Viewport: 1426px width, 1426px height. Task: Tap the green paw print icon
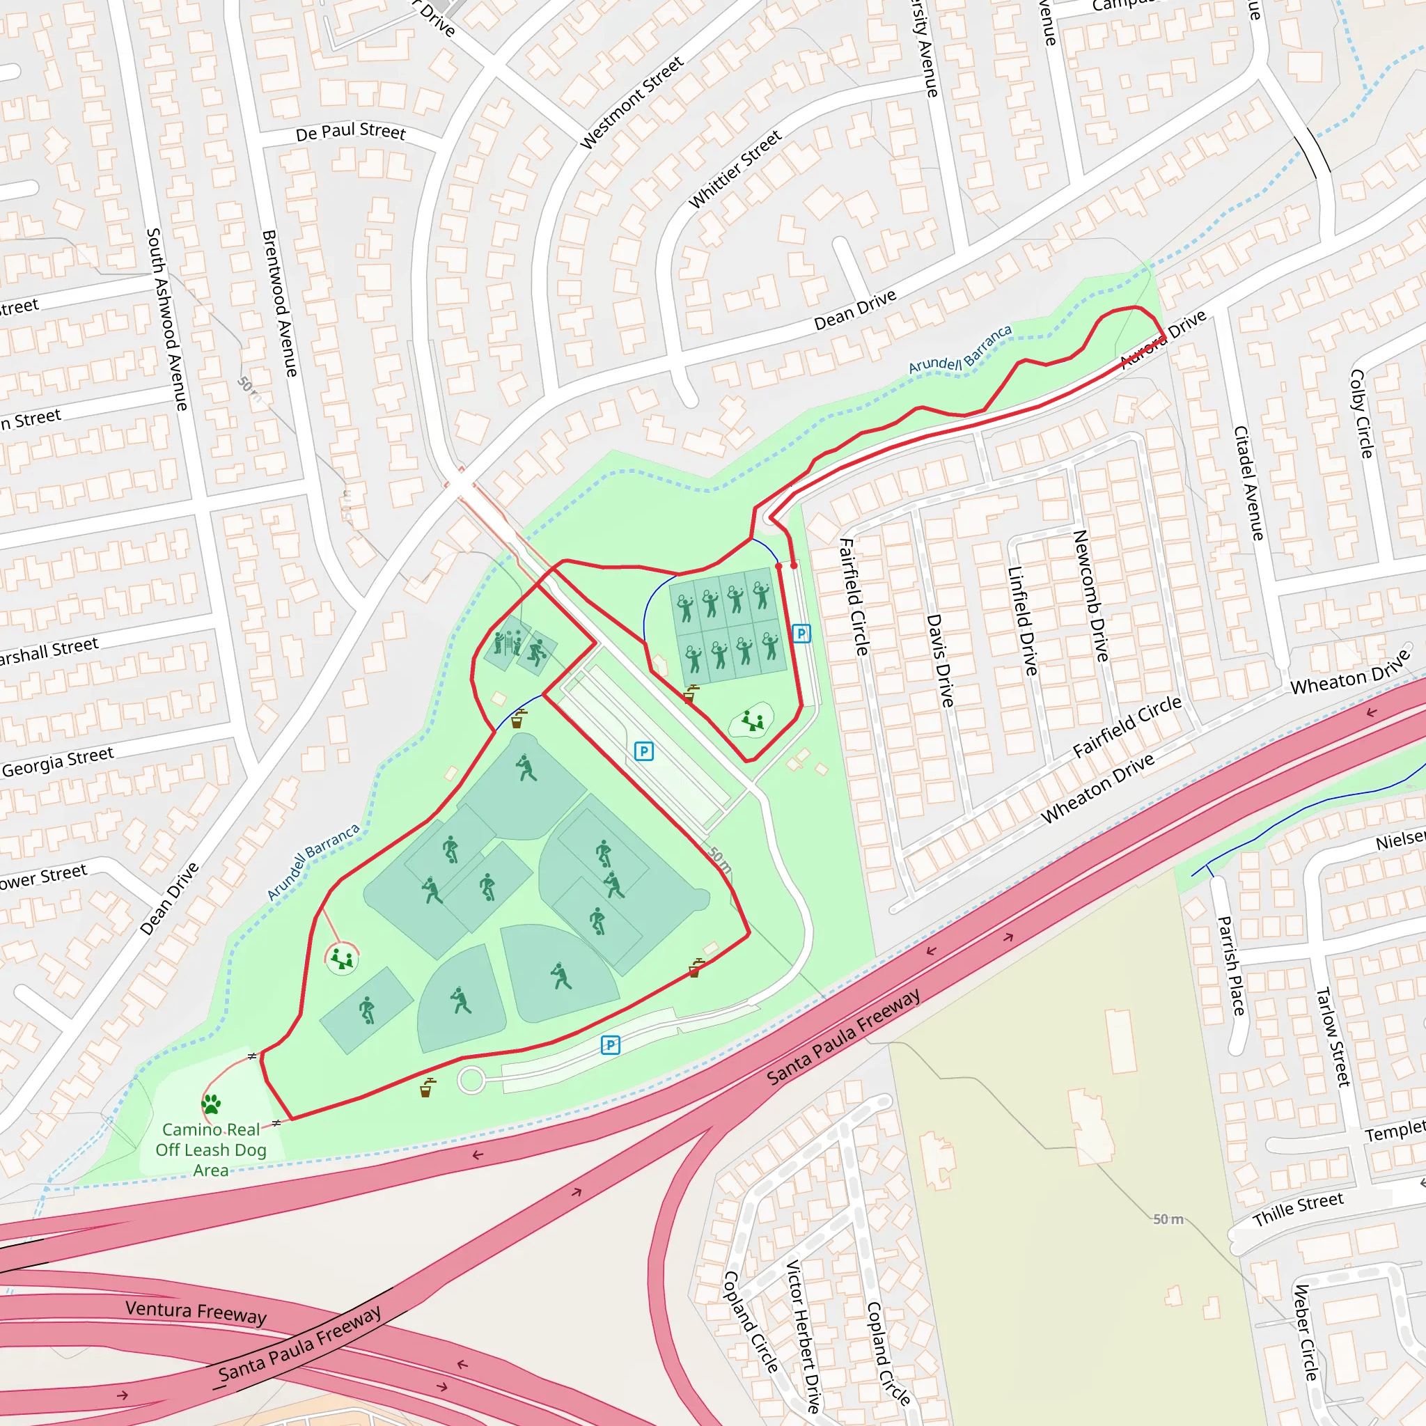(x=211, y=1104)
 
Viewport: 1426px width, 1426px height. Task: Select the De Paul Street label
(x=351, y=132)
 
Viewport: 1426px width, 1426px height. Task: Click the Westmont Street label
(x=632, y=102)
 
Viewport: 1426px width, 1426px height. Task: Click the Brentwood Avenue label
(x=280, y=303)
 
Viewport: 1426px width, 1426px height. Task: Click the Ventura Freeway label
(x=196, y=1313)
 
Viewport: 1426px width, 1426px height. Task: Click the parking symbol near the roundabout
(x=611, y=1044)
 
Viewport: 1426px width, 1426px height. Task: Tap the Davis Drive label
(x=939, y=661)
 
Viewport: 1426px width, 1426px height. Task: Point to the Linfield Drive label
(x=1023, y=620)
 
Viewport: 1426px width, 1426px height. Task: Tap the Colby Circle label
(x=1361, y=414)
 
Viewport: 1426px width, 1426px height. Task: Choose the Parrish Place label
(x=1230, y=966)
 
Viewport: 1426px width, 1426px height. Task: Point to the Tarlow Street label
(x=1333, y=1036)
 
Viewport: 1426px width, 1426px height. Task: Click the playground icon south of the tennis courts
(x=752, y=721)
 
